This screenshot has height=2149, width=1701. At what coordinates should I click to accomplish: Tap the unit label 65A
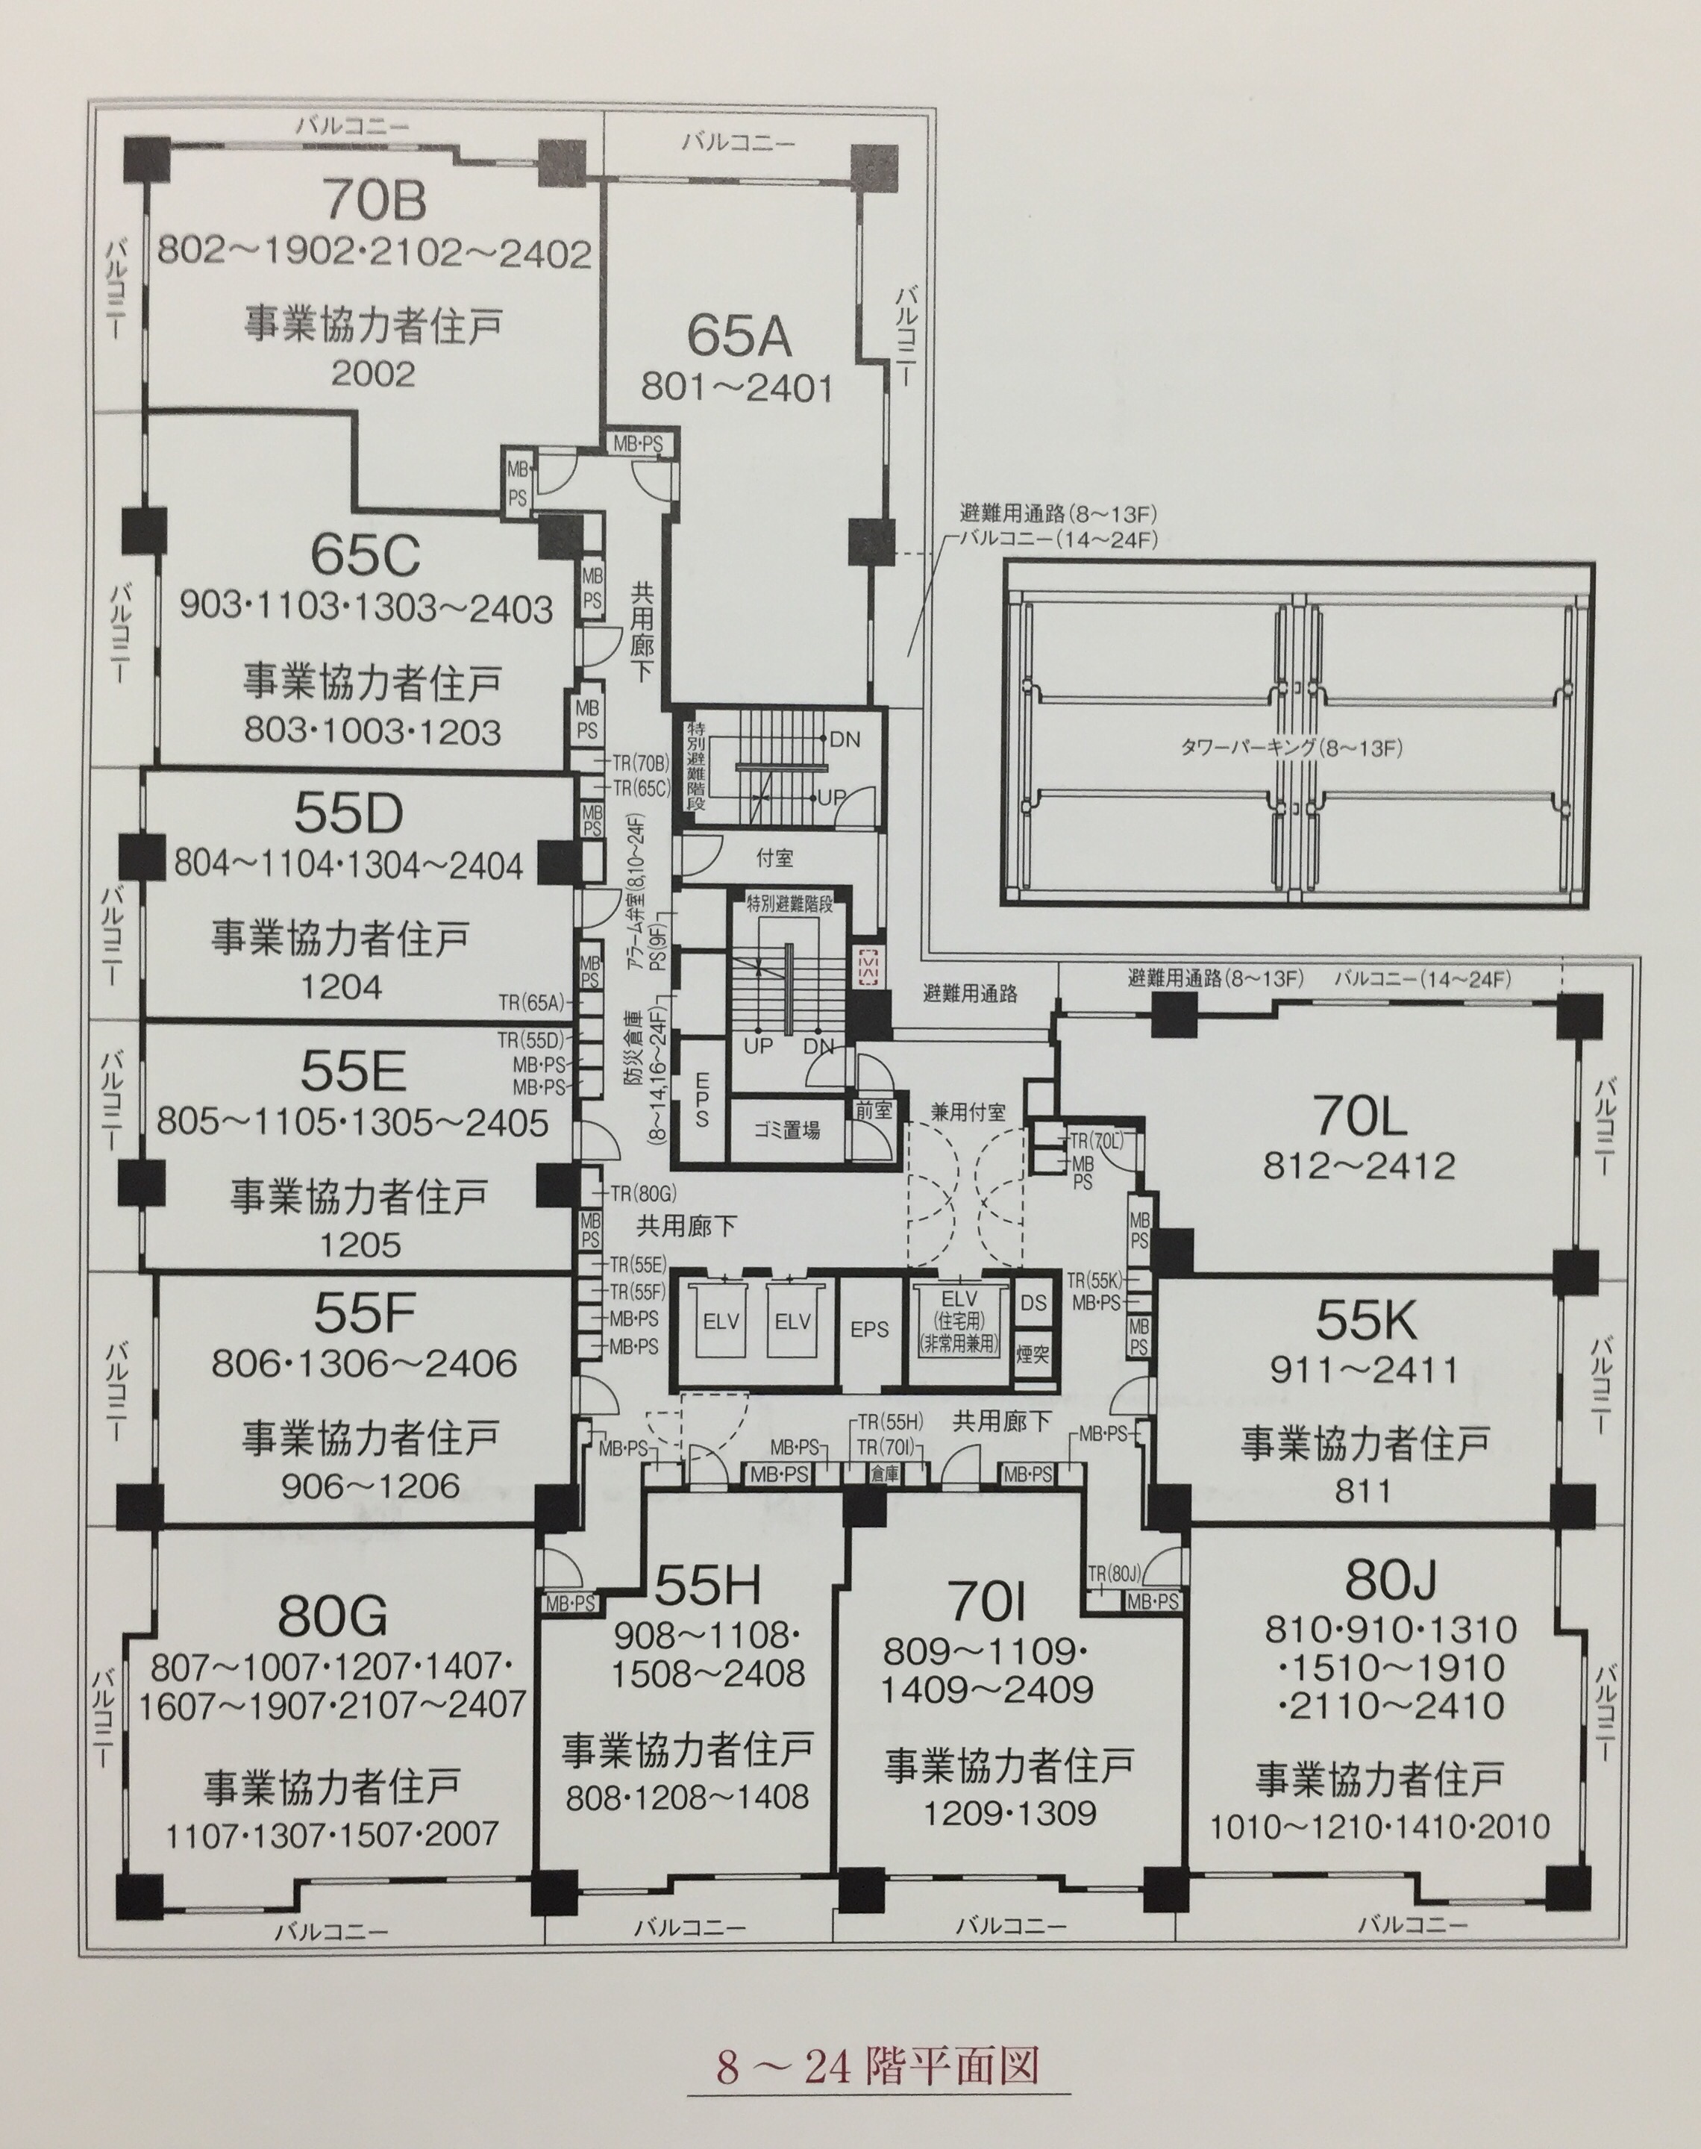tap(738, 336)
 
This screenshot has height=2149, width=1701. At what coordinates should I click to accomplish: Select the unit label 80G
tap(332, 1615)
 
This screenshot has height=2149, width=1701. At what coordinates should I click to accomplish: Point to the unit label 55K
tap(1365, 1321)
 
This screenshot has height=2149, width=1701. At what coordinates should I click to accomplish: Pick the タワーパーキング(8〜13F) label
tap(1291, 747)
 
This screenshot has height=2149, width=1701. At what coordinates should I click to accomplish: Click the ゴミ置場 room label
tap(787, 1130)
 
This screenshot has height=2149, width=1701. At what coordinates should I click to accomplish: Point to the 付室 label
tap(775, 857)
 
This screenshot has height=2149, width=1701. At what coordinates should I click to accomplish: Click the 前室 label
tap(874, 1110)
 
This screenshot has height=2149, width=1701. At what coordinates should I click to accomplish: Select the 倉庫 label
tap(883, 1474)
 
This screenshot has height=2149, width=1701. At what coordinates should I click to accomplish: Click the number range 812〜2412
tap(1359, 1165)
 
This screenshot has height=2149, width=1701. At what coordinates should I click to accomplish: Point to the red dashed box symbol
tap(866, 966)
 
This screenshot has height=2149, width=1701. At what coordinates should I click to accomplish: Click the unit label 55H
tap(708, 1587)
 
